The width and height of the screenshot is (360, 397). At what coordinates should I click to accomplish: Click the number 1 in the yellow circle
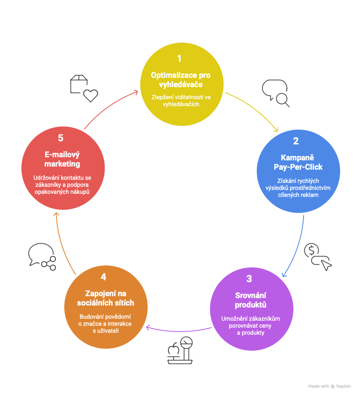click(179, 59)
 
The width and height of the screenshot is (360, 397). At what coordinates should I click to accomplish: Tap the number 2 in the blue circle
click(296, 141)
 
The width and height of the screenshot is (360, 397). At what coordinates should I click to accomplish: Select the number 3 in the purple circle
click(249, 279)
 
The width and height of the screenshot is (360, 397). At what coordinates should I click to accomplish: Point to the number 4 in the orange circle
click(103, 277)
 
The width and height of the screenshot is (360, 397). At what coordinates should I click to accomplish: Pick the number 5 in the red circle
click(60, 138)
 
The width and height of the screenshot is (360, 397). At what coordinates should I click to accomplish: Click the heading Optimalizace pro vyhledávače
click(180, 79)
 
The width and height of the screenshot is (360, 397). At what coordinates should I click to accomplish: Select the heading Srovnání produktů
click(251, 300)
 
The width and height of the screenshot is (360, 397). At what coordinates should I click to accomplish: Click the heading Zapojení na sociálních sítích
click(106, 298)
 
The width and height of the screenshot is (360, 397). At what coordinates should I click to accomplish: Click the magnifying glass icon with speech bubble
click(276, 93)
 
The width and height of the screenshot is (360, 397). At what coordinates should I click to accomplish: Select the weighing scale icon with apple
click(180, 350)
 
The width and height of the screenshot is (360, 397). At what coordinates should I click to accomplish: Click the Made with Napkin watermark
click(329, 386)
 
